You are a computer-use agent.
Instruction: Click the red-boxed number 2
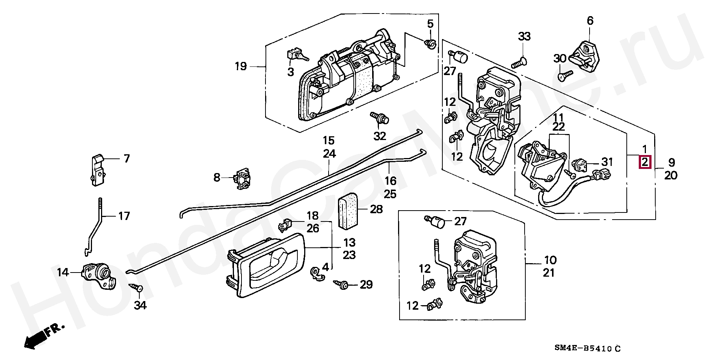(x=645, y=162)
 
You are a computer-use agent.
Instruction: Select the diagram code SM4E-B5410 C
(x=587, y=349)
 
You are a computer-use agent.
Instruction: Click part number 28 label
(x=376, y=209)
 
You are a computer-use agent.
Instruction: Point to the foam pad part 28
(x=348, y=212)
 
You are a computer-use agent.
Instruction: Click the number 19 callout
(x=241, y=66)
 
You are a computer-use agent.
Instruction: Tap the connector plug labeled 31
(x=578, y=166)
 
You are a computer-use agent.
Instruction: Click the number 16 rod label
(x=390, y=181)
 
